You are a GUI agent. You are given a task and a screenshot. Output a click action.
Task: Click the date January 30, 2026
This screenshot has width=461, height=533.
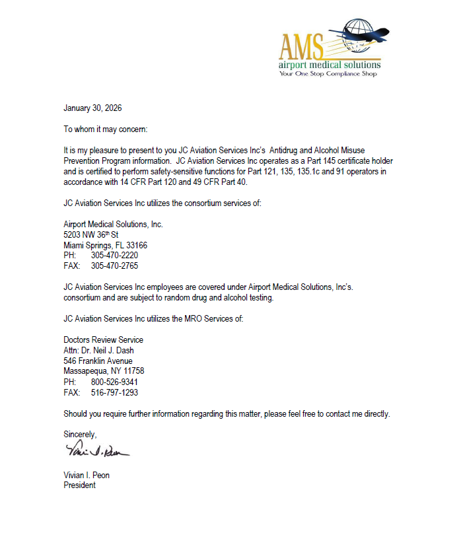click(92, 108)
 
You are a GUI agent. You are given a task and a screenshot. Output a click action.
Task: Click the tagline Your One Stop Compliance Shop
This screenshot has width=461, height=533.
click(328, 74)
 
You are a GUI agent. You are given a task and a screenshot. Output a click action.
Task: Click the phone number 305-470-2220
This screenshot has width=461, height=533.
click(115, 256)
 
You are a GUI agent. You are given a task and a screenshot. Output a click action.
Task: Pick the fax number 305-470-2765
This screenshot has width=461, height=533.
click(115, 266)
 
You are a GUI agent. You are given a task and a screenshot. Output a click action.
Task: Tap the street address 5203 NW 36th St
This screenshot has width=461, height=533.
click(91, 234)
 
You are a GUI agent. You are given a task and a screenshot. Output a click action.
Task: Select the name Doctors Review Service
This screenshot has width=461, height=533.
click(103, 340)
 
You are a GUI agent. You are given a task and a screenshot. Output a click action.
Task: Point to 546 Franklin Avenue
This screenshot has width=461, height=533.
click(98, 361)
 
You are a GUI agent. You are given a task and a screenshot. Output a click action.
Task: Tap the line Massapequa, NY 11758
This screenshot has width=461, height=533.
click(104, 371)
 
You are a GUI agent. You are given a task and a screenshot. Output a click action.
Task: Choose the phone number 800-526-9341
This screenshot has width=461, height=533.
click(115, 382)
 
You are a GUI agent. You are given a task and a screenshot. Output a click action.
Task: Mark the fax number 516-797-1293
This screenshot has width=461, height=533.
click(115, 392)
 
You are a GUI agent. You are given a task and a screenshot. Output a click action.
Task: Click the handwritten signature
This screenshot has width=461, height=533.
click(97, 452)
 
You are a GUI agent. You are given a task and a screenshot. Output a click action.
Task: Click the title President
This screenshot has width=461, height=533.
click(79, 485)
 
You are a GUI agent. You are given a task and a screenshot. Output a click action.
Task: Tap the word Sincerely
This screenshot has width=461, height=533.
click(80, 435)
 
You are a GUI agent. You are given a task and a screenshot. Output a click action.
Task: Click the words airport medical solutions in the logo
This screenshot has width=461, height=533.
click(330, 65)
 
